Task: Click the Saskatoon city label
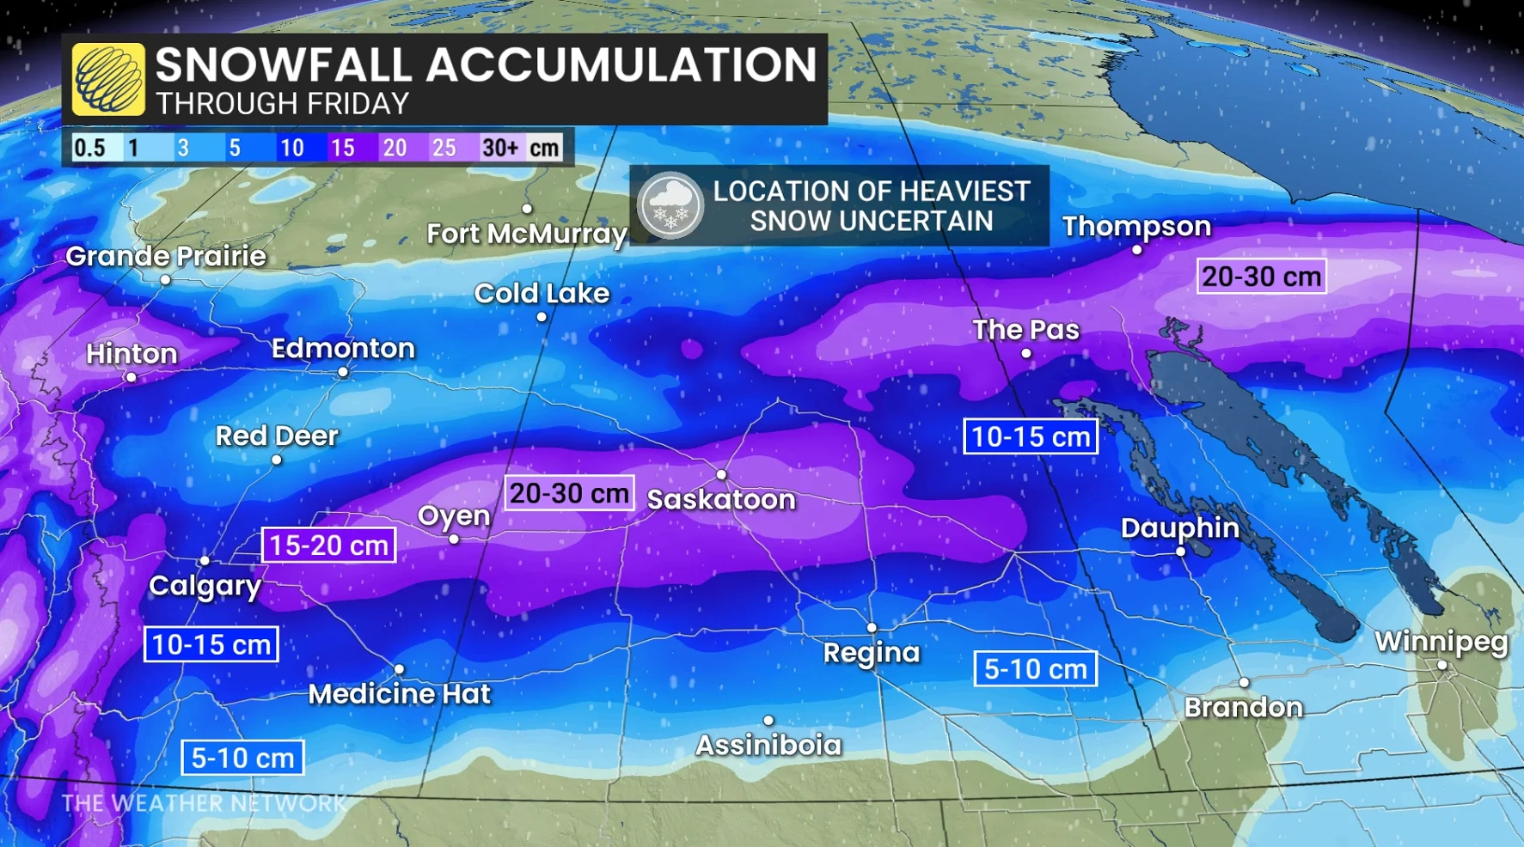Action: point(721,499)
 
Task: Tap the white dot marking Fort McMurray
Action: point(527,209)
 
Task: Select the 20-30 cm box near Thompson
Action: point(1261,277)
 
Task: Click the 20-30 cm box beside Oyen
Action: point(569,493)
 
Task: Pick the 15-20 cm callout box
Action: point(328,545)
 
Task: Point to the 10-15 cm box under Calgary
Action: point(211,644)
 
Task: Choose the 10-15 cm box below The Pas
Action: point(1030,436)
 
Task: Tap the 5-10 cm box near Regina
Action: point(1035,668)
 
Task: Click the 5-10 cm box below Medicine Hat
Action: point(242,758)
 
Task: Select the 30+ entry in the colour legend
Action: point(500,148)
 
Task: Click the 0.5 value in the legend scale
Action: point(89,148)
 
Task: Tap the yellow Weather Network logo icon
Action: point(108,80)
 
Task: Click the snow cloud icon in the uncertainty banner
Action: point(670,206)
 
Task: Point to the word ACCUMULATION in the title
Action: point(621,64)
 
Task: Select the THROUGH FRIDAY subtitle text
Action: point(282,104)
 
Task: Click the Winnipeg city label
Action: point(1441,642)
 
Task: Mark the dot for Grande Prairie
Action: point(165,280)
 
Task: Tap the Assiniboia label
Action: point(768,745)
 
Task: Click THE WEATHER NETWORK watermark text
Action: point(203,803)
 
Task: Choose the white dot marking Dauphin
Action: point(1180,551)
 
